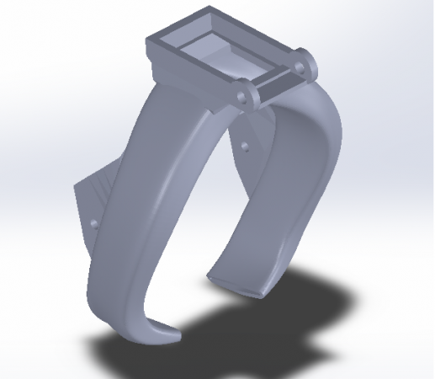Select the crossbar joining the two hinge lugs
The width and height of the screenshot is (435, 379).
[x=273, y=82]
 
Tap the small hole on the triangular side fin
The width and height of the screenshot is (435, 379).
[x=93, y=224]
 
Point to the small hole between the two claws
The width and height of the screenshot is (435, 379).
[x=245, y=146]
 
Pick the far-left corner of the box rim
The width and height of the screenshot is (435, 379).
[x=150, y=38]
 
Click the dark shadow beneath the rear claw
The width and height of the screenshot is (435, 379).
[x=311, y=295]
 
